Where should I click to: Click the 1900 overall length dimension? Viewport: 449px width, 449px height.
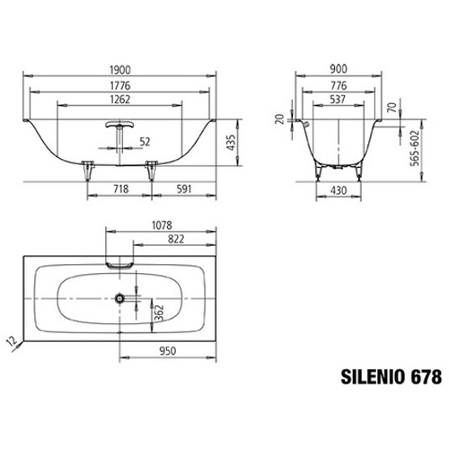(120, 70)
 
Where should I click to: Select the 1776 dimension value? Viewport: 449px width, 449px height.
(120, 85)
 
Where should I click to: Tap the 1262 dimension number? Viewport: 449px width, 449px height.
(120, 100)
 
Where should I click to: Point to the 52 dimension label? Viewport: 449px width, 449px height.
(145, 142)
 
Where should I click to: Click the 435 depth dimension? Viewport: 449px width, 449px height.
(232, 143)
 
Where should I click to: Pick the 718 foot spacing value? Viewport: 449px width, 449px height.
(121, 189)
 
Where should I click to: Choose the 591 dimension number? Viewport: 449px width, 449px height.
(184, 189)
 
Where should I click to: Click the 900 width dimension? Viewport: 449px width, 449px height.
(339, 69)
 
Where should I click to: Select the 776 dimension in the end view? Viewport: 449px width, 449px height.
(339, 85)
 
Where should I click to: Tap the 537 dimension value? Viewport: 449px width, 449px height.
(338, 100)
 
